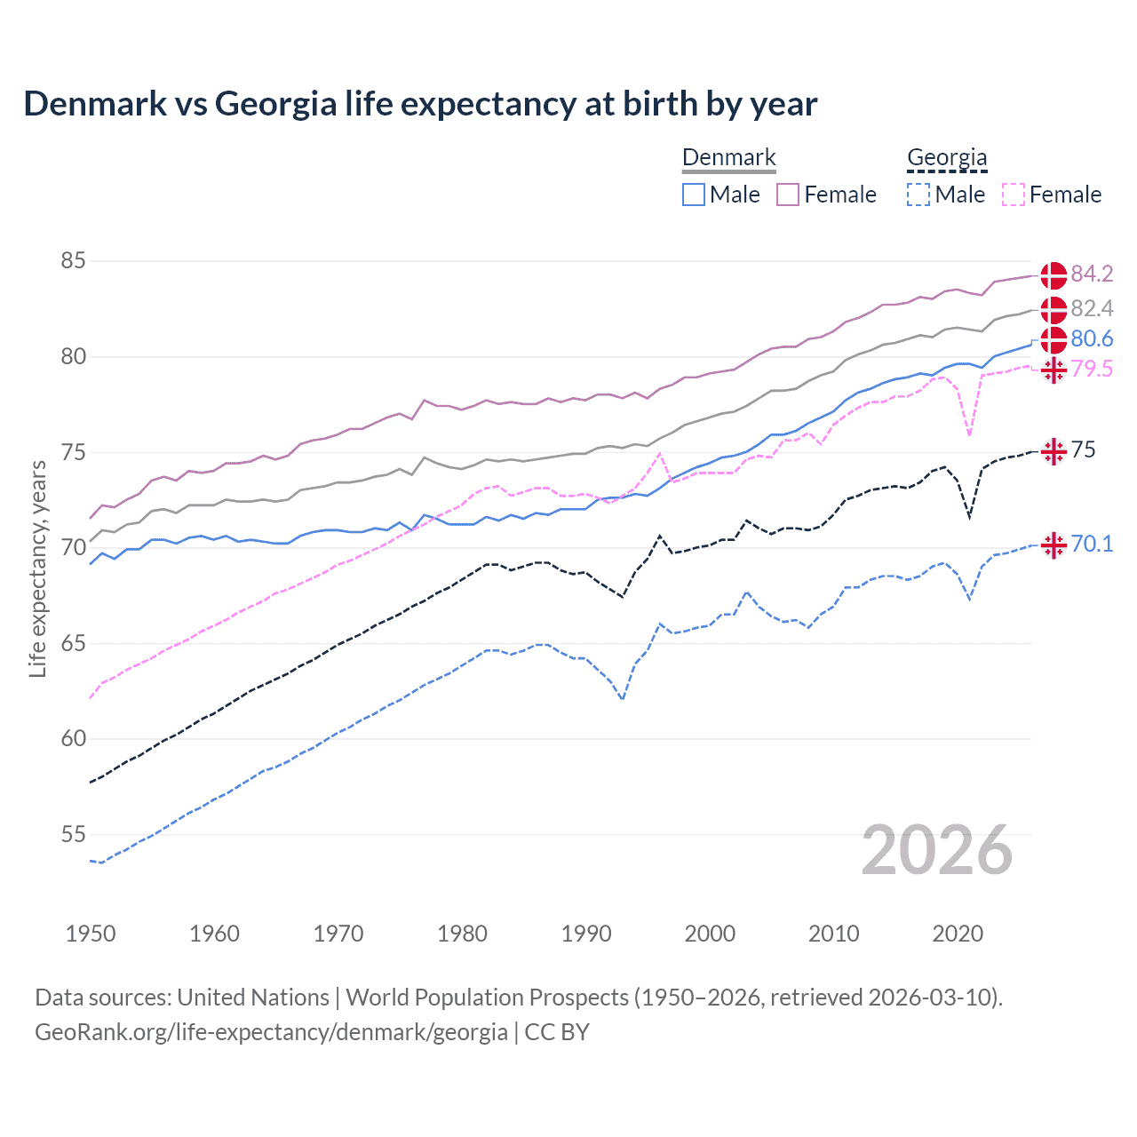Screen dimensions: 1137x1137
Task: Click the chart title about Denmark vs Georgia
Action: [419, 104]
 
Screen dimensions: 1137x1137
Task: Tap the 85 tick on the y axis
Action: [73, 261]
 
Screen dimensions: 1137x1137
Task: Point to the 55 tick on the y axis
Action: [73, 834]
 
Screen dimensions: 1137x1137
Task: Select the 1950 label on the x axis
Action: [91, 934]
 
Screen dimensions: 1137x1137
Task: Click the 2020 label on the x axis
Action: [958, 934]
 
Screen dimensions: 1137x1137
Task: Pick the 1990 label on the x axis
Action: [586, 934]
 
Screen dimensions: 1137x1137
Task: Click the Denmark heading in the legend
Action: [728, 158]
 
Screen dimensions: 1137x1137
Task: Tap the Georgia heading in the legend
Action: [947, 158]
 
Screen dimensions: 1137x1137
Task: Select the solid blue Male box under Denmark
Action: [694, 195]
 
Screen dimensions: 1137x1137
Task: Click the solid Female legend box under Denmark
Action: [788, 195]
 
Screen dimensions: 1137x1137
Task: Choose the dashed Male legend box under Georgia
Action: [918, 195]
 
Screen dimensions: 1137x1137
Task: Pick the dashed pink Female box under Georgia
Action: [1014, 195]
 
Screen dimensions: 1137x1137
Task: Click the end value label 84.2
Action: [1092, 274]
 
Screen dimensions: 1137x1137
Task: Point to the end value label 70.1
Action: [1092, 544]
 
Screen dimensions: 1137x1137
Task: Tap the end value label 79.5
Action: [1092, 369]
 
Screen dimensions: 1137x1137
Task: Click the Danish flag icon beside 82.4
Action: [1054, 309]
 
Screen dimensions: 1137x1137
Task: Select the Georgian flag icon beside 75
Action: [1054, 451]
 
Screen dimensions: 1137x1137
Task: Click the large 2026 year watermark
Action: [937, 850]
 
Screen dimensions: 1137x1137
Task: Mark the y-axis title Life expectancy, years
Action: [38, 568]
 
